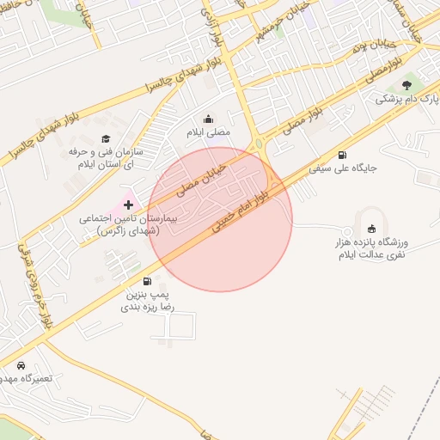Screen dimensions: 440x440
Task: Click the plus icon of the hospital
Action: (129, 205)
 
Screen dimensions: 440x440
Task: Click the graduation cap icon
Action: (106, 138)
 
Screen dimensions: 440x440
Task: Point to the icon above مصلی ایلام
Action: (208, 119)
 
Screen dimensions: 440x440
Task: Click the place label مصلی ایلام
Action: (209, 133)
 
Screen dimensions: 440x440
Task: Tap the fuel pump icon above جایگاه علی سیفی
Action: (343, 155)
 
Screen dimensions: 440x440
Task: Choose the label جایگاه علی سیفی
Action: (344, 168)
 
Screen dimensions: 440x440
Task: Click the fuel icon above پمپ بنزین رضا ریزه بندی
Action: (147, 281)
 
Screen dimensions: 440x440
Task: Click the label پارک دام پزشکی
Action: (406, 99)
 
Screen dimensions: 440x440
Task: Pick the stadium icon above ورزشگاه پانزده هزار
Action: (371, 228)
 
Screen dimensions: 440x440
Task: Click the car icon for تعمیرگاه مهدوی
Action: (21, 365)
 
